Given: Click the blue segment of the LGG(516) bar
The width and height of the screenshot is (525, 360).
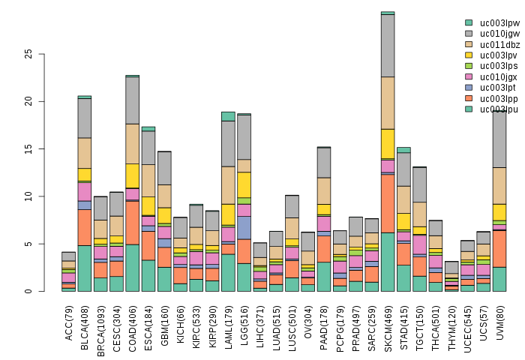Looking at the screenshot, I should pyautogui.click(x=244, y=227).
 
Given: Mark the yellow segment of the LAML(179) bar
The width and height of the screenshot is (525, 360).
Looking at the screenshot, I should pyautogui.click(x=228, y=214).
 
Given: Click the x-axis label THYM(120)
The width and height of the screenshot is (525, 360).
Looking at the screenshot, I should pyautogui.click(x=451, y=327).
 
